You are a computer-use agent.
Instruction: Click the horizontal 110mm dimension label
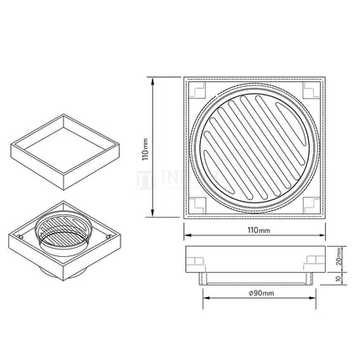(x=259, y=229)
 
